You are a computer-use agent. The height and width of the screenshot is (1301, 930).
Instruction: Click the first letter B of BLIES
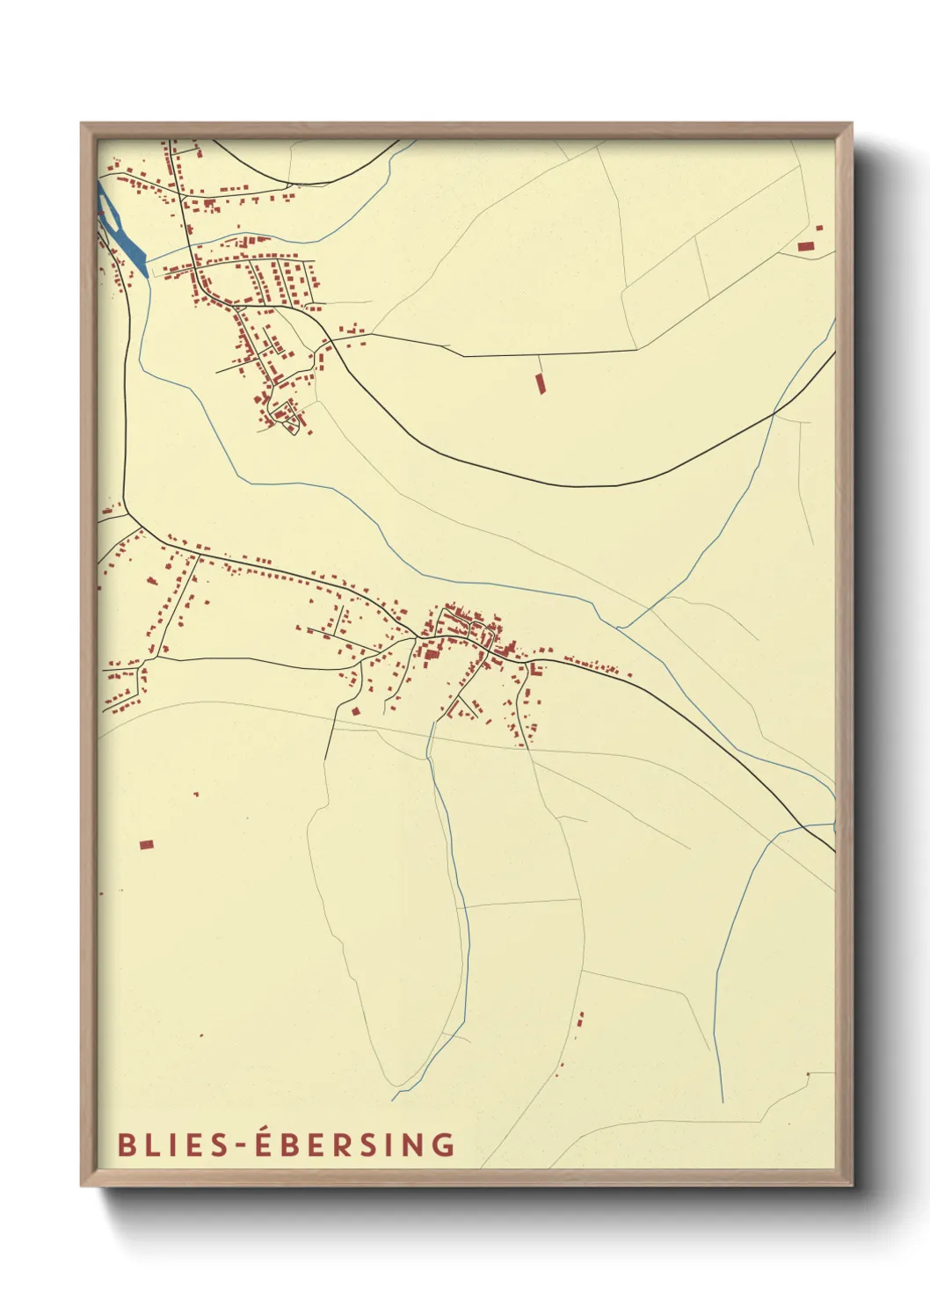(x=126, y=1145)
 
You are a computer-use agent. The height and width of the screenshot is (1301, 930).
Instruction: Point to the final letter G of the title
(x=445, y=1145)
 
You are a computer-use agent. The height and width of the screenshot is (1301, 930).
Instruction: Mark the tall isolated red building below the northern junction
(x=540, y=382)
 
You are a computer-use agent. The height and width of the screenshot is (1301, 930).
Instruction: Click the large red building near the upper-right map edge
(x=805, y=247)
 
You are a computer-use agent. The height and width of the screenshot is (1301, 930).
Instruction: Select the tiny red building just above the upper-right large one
(x=819, y=228)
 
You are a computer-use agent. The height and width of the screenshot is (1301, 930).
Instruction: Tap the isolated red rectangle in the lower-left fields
(x=147, y=845)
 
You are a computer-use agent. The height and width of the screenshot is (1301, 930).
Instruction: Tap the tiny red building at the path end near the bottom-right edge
(x=808, y=1074)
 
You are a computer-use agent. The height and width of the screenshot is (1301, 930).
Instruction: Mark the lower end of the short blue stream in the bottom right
(x=722, y=1101)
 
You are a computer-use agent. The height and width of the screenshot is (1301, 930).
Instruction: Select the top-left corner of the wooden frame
(x=82, y=124)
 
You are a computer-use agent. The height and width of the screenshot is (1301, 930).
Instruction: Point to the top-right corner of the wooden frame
(x=852, y=124)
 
